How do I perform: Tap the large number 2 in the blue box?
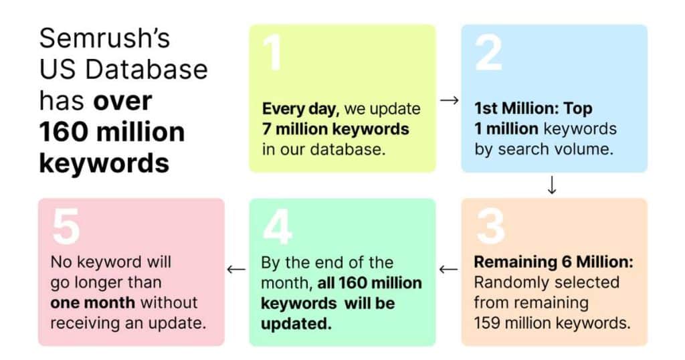click(488, 53)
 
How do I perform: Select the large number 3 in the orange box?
click(491, 226)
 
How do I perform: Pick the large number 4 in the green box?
click(278, 226)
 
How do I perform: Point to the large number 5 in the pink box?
click(66, 226)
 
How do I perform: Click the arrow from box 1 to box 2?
click(449, 100)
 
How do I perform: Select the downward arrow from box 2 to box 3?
click(552, 185)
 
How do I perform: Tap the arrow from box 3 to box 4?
click(449, 269)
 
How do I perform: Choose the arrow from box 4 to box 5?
click(236, 269)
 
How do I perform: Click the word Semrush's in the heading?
click(104, 38)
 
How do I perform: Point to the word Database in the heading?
click(146, 69)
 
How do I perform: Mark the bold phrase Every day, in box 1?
click(300, 109)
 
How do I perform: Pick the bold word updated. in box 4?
click(296, 324)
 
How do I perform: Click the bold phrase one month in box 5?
click(92, 302)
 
